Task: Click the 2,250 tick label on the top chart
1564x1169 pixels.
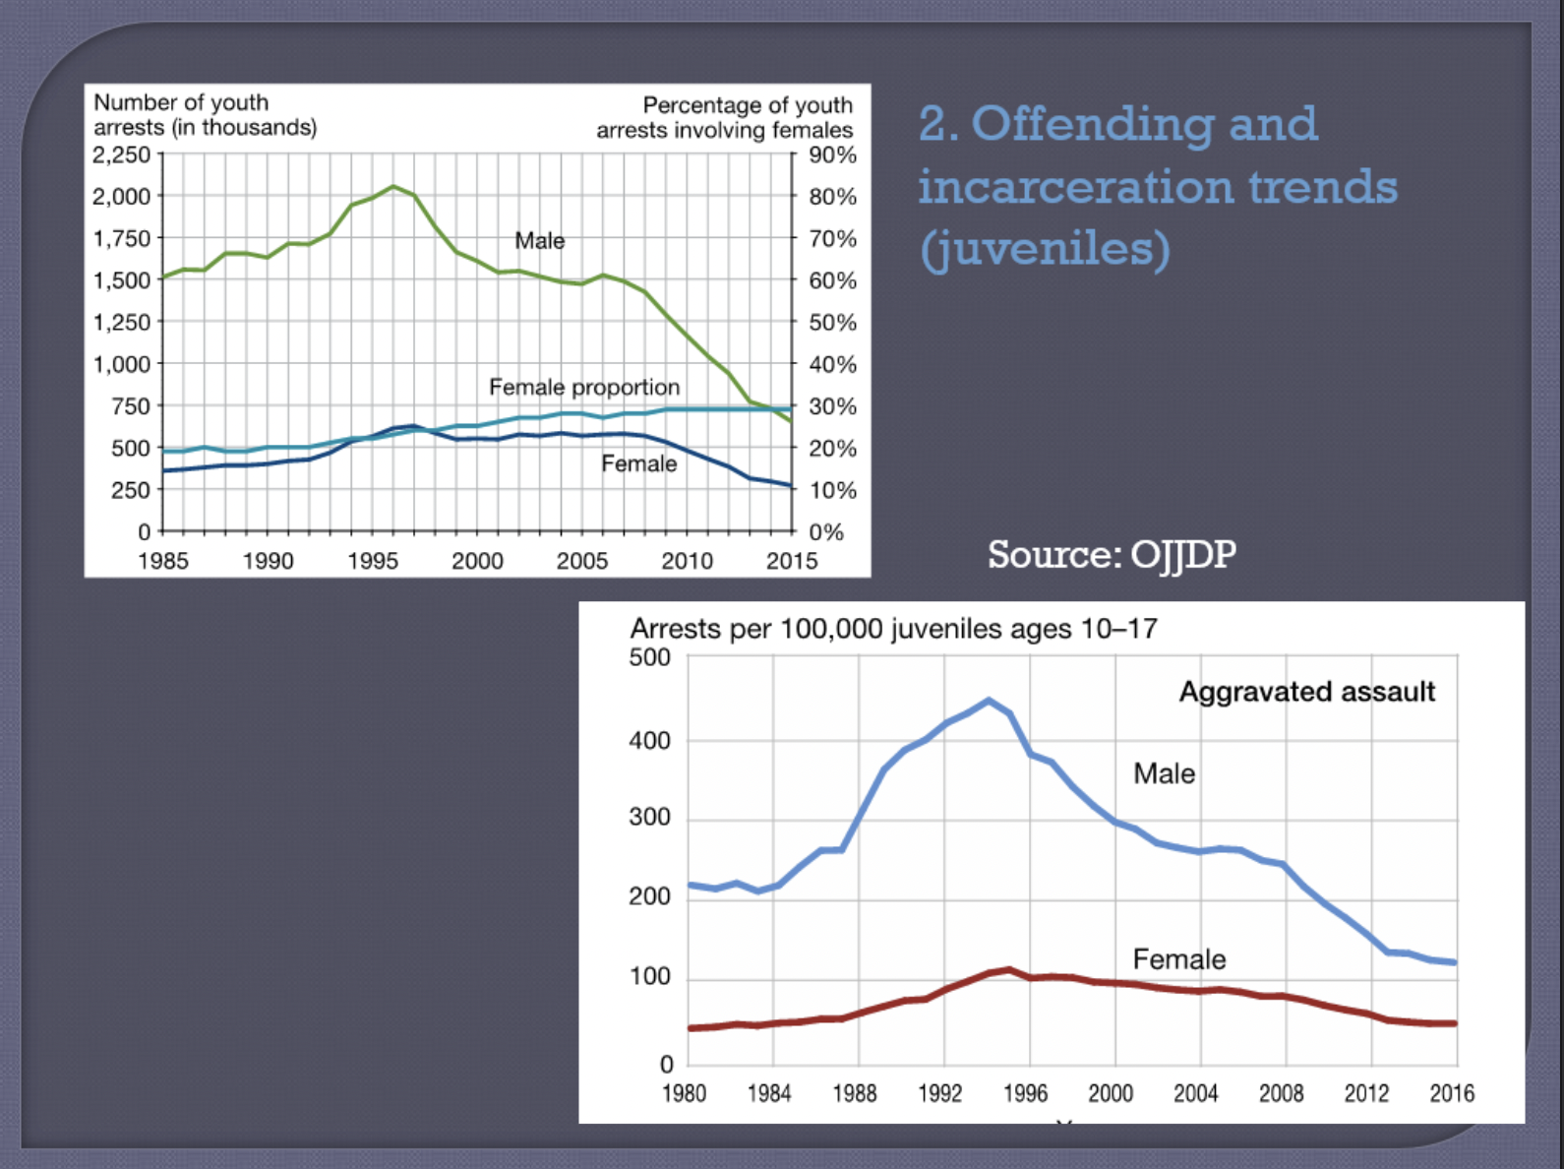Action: pyautogui.click(x=122, y=155)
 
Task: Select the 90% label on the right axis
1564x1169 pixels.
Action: pyautogui.click(x=832, y=155)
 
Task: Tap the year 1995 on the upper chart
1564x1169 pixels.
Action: pyautogui.click(x=373, y=561)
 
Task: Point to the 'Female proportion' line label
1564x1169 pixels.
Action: pyautogui.click(x=584, y=387)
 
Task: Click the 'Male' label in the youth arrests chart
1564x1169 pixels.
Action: pyautogui.click(x=540, y=240)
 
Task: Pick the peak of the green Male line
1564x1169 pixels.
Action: pyautogui.click(x=393, y=186)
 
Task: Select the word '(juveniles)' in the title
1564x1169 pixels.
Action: pyautogui.click(x=1045, y=248)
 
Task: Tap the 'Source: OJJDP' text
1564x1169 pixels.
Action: pyautogui.click(x=1112, y=554)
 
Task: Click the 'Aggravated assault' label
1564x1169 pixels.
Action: pyautogui.click(x=1307, y=692)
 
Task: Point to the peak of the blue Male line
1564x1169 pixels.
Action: pyautogui.click(x=989, y=701)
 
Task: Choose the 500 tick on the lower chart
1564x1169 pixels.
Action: pyautogui.click(x=649, y=657)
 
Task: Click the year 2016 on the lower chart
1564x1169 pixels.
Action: pyautogui.click(x=1452, y=1093)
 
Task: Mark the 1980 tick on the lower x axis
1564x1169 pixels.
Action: pyautogui.click(x=685, y=1093)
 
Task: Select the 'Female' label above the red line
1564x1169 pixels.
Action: pyautogui.click(x=1179, y=958)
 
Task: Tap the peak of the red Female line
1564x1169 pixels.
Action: pyautogui.click(x=1009, y=970)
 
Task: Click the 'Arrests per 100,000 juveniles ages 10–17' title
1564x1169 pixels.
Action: pyautogui.click(x=893, y=628)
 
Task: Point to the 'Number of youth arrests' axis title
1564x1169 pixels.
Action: pyautogui.click(x=205, y=115)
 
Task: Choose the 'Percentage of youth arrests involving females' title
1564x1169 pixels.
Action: pyautogui.click(x=725, y=117)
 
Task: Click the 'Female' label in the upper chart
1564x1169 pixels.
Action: pyautogui.click(x=639, y=463)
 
